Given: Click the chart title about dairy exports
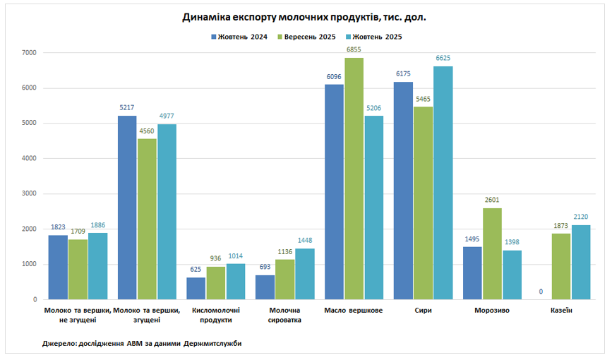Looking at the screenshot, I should coord(304,17).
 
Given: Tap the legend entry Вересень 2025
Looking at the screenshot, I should coord(309,37).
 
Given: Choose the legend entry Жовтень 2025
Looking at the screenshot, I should coord(378,37).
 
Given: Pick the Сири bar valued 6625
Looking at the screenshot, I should coord(443,184).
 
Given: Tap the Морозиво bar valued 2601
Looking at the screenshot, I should coord(493,254).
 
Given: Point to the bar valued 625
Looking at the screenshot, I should coord(196,289).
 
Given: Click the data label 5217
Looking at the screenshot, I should coord(127,108).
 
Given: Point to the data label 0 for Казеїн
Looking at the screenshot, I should coord(541,292).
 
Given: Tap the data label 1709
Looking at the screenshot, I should coord(78,232).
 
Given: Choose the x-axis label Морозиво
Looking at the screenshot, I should coord(492,311).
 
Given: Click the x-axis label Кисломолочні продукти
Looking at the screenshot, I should coord(216,315).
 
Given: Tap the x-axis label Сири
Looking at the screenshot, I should coord(423,311).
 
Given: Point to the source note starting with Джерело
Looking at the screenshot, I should coord(142,343).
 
